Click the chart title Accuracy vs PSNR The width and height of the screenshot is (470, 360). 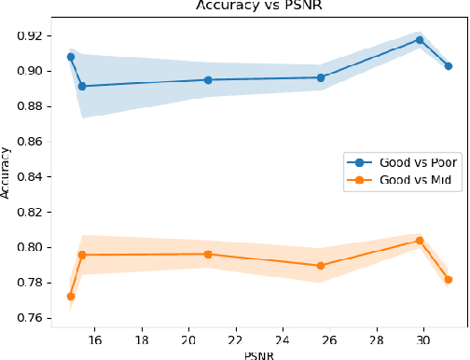coord(259,5)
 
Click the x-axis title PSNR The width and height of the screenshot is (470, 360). coord(259,353)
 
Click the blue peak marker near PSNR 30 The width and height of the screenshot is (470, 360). coord(420,40)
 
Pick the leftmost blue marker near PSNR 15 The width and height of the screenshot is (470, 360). coord(71,57)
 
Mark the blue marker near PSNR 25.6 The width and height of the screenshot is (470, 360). coord(321,77)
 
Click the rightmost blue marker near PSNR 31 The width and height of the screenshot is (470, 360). coord(449,66)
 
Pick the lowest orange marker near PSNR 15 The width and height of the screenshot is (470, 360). coord(71,297)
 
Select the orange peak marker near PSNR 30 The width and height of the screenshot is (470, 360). coord(420,241)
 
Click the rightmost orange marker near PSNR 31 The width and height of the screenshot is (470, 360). coord(449,280)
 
